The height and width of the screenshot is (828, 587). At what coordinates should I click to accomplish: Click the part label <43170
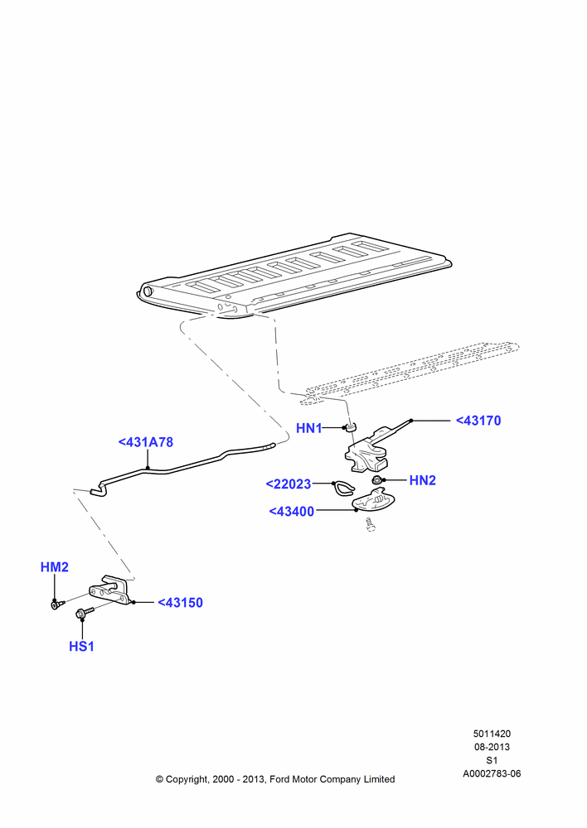click(478, 421)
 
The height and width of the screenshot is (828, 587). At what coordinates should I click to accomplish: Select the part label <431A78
click(146, 442)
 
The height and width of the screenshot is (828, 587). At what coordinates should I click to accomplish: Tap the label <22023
click(289, 484)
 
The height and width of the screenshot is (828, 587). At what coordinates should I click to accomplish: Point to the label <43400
click(291, 511)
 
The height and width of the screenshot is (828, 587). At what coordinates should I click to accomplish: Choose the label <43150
click(181, 603)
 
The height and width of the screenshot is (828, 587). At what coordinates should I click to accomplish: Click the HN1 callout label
click(308, 428)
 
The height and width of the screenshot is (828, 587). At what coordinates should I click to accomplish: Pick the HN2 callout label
click(423, 480)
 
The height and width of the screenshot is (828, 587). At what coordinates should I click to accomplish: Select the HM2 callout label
click(55, 567)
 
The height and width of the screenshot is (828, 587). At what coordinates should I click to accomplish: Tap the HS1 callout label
click(81, 647)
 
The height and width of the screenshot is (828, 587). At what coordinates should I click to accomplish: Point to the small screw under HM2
click(57, 604)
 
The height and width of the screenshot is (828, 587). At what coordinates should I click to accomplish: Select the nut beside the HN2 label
click(377, 480)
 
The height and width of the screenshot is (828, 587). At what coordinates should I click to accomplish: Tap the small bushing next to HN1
click(350, 426)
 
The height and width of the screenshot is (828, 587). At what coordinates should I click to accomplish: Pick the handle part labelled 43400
click(373, 500)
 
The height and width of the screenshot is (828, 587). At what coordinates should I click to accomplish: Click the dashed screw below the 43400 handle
click(370, 525)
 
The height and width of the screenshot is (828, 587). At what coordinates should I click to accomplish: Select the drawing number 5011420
click(492, 734)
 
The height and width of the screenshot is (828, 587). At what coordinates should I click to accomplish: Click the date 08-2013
click(492, 747)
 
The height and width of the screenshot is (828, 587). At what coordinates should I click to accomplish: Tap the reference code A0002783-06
click(492, 773)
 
